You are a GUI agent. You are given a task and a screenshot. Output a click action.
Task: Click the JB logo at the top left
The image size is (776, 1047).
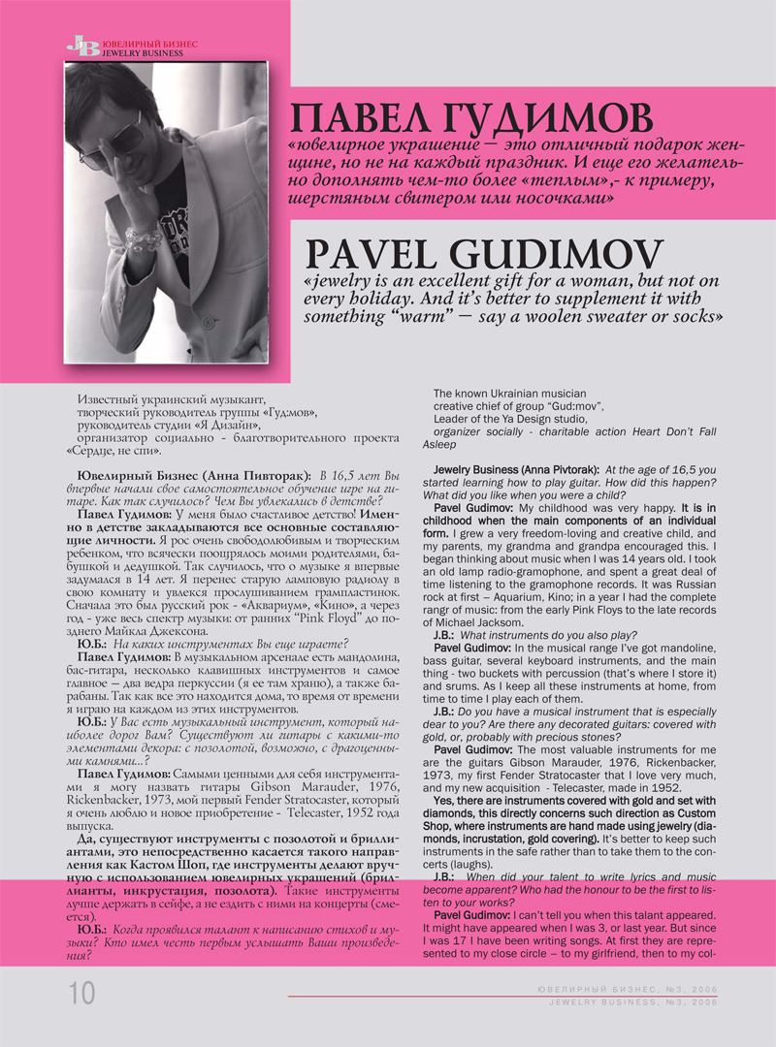(82, 46)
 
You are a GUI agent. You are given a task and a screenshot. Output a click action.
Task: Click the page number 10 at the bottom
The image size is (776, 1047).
(81, 992)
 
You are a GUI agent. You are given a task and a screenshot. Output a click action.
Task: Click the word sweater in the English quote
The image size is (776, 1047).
(606, 317)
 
